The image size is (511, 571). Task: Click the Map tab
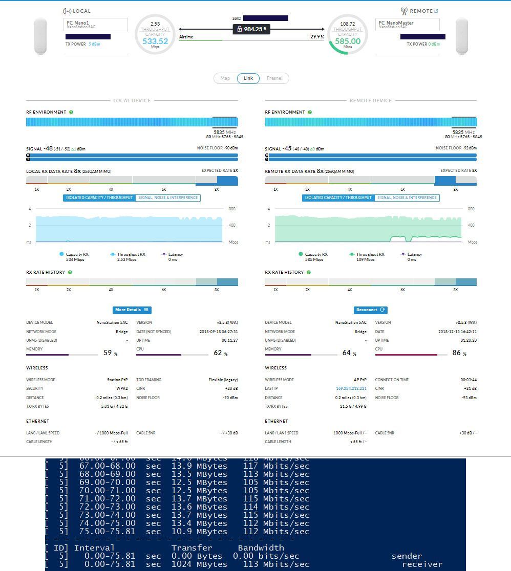(x=225, y=78)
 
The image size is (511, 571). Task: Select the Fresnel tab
(x=274, y=78)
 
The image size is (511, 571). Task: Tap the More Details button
(x=132, y=310)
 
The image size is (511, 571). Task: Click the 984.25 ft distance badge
(x=251, y=29)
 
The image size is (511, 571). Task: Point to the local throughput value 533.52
(x=155, y=41)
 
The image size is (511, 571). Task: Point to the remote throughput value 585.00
(x=348, y=41)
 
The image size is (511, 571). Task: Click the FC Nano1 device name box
(x=95, y=25)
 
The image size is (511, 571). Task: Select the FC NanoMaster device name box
(x=407, y=25)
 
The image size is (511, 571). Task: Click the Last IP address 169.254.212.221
(x=351, y=388)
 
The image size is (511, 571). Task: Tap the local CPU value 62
(x=218, y=353)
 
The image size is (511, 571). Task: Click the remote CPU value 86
(x=457, y=353)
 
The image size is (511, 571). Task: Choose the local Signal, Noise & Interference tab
(x=168, y=197)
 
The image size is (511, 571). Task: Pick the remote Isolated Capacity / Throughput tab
(x=338, y=197)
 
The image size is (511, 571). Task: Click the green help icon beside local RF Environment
(x=71, y=112)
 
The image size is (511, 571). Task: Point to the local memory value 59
(x=108, y=353)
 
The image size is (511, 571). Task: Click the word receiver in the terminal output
(x=422, y=564)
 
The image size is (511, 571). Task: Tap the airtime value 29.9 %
(x=317, y=37)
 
